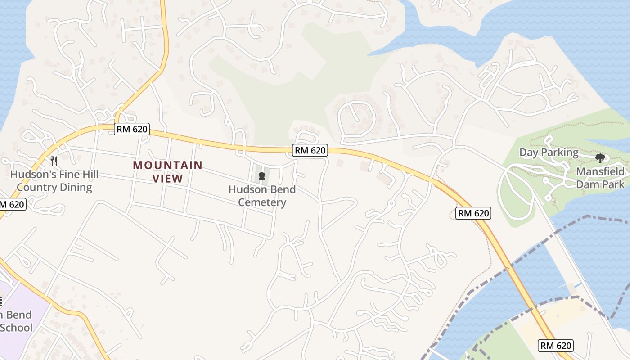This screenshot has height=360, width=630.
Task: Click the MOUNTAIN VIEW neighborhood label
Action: (167, 172)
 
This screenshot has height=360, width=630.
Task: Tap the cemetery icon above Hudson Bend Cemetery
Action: (262, 175)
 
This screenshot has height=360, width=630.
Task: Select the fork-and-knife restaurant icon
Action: (54, 161)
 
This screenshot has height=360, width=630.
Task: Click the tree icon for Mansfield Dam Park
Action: (600, 158)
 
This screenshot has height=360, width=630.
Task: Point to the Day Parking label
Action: (549, 152)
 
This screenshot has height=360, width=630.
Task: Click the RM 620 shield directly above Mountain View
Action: (131, 129)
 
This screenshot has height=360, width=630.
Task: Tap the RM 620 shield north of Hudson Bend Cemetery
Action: (310, 150)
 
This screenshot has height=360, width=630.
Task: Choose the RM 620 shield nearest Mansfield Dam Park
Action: (473, 213)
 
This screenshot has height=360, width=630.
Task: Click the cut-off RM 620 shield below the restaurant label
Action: (12, 204)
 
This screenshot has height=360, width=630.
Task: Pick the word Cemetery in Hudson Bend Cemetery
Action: (262, 202)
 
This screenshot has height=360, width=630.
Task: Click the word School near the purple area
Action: (16, 327)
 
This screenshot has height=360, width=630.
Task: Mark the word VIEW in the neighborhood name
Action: (167, 179)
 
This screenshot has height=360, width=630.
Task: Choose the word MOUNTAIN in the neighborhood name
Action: (167, 165)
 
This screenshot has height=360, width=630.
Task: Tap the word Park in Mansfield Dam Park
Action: (614, 184)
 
